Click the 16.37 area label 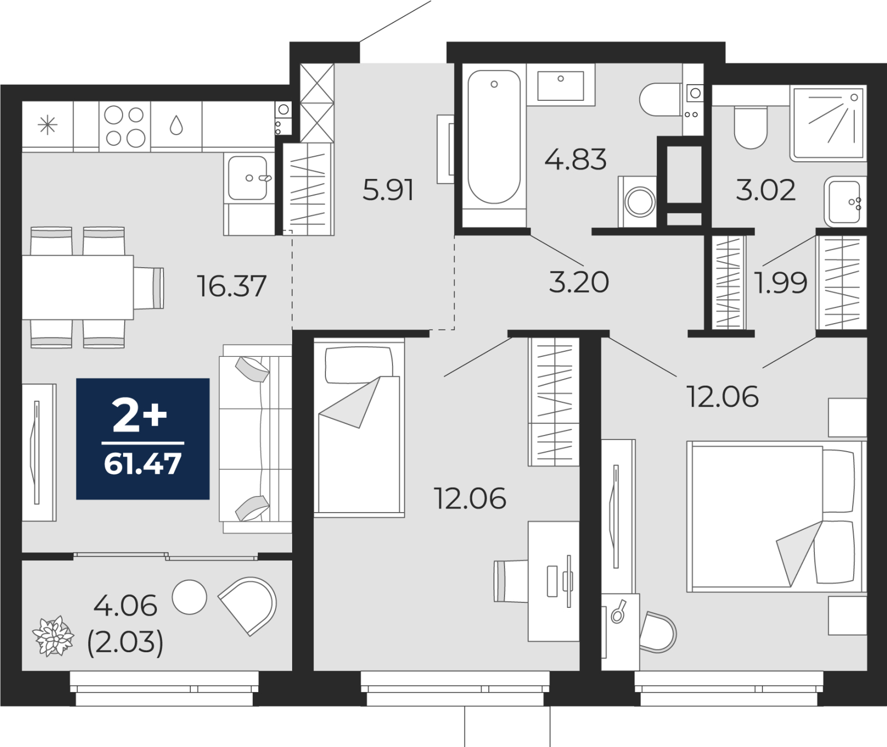[x=232, y=286]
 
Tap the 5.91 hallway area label [x=388, y=190]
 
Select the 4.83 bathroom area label [x=575, y=160]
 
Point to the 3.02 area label [x=766, y=190]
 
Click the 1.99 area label [x=781, y=283]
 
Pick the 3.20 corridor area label [x=579, y=282]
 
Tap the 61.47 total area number [x=143, y=464]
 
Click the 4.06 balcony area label [x=125, y=606]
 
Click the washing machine [x=638, y=202]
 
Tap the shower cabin [x=828, y=123]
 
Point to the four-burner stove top [x=125, y=126]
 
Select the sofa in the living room [x=256, y=439]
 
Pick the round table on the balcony [x=190, y=597]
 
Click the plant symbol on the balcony [x=53, y=636]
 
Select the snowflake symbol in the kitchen [x=48, y=125]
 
